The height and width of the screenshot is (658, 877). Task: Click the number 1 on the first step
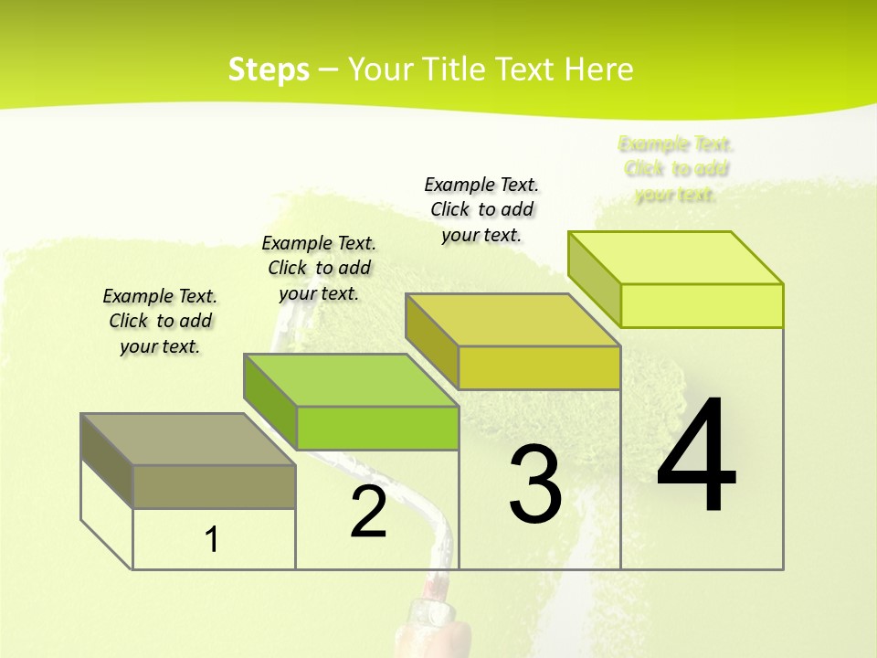(212, 540)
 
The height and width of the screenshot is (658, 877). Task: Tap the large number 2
(368, 513)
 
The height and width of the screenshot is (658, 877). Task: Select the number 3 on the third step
(535, 484)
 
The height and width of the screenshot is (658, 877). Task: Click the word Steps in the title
(269, 69)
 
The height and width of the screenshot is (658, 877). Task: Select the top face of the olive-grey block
(187, 440)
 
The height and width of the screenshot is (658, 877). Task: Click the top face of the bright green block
(351, 380)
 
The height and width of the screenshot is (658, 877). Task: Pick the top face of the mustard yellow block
(513, 320)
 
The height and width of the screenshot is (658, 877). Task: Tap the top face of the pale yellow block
(676, 258)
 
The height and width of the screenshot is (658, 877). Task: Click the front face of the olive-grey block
(214, 486)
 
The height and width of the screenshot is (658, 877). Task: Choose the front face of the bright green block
(377, 428)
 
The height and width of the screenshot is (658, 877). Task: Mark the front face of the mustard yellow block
(539, 367)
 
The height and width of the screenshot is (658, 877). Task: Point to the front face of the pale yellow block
(702, 305)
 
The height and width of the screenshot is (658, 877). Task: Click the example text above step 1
(160, 321)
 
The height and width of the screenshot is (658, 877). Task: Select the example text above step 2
(319, 268)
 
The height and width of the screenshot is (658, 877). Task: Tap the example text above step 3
(481, 209)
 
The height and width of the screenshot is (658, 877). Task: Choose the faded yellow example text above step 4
(676, 169)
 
